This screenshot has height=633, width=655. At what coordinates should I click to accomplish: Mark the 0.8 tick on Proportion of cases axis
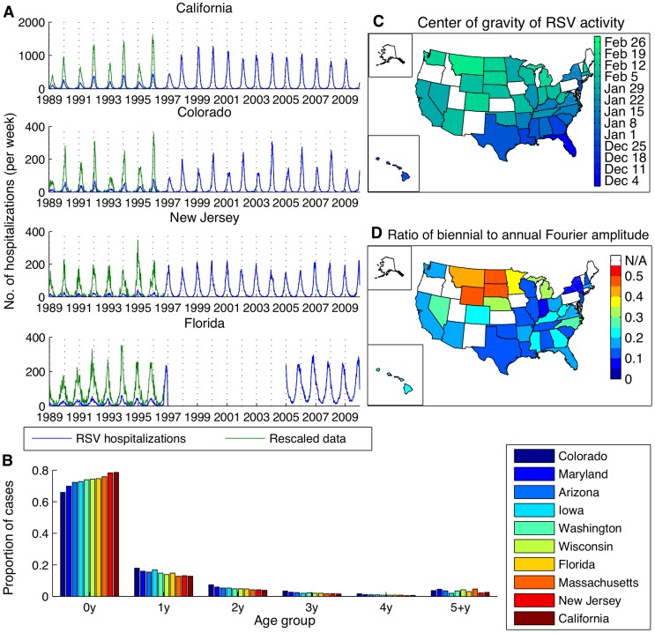[39, 473]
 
